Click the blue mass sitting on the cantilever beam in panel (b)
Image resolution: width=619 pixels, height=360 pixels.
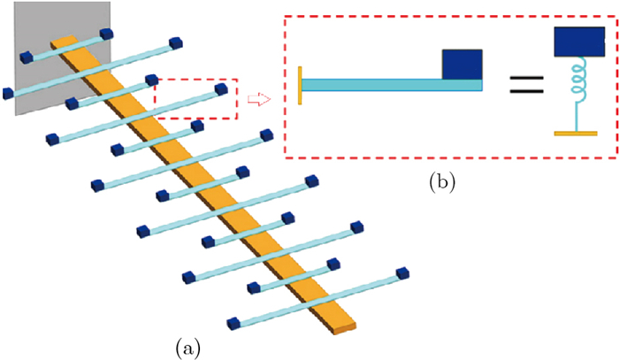coord(462,64)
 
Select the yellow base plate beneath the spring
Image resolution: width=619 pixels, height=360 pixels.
coord(575,134)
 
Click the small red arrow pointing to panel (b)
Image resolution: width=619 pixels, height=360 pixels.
coord(257,98)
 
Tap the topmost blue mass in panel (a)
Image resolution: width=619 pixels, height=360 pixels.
coord(107,34)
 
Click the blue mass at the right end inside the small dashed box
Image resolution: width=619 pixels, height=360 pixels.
coord(220,89)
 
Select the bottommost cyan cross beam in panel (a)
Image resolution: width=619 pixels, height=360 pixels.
coord(318,297)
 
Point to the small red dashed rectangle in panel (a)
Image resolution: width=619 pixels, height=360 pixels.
coord(196,99)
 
